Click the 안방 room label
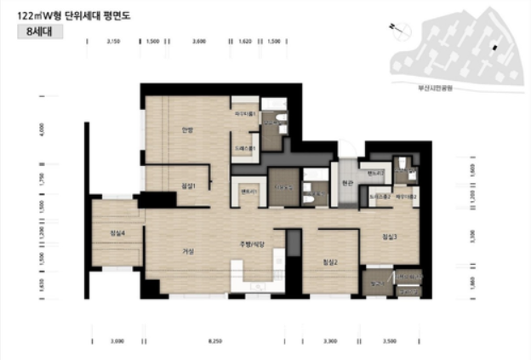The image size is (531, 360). (188, 130)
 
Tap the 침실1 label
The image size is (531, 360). (188, 186)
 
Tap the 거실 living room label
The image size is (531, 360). (188, 251)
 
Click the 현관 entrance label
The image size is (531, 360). (346, 181)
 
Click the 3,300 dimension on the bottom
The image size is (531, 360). (331, 341)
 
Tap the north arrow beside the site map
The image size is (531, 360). (392, 27)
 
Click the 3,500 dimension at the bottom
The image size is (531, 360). (390, 341)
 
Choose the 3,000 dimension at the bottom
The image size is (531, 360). (117, 341)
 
